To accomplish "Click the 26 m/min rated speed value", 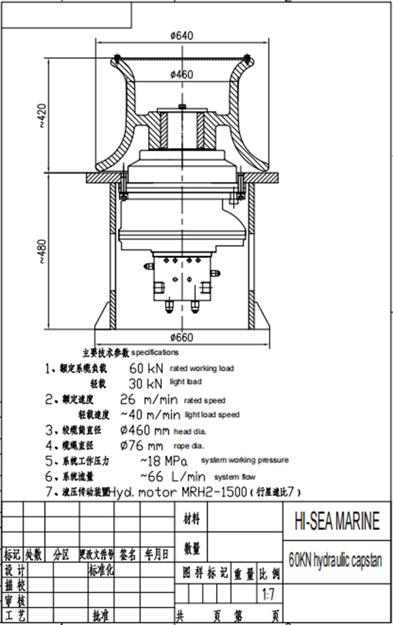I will (x=149, y=399).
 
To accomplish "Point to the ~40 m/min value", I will (x=150, y=414).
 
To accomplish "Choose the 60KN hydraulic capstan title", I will (x=335, y=560).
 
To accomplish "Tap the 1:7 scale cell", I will (x=268, y=595).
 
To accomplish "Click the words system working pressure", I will (x=244, y=460).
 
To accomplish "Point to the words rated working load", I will (x=201, y=368).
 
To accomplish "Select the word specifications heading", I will (x=155, y=352).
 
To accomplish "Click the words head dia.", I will (x=190, y=431).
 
